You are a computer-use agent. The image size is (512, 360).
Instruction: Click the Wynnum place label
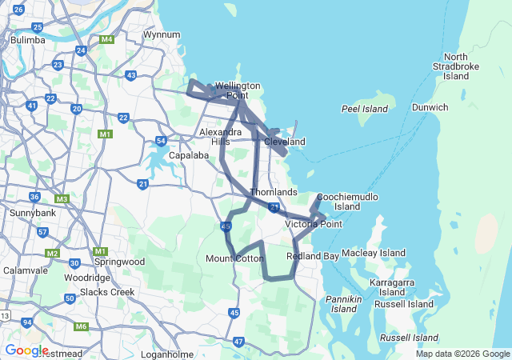click(x=162, y=35)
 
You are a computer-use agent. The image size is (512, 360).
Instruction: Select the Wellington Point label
click(x=237, y=90)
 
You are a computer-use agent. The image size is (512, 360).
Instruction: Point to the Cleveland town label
click(x=285, y=142)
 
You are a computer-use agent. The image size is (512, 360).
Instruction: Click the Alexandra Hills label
click(x=220, y=136)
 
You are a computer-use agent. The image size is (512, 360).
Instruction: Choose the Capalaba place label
click(x=188, y=155)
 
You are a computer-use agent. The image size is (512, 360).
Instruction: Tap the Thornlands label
click(x=274, y=192)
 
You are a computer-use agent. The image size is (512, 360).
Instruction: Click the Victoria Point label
click(x=314, y=224)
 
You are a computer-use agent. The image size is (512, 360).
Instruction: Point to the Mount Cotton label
click(x=234, y=258)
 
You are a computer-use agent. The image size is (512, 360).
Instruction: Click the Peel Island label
click(x=364, y=108)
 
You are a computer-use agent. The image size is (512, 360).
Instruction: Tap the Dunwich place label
click(x=430, y=107)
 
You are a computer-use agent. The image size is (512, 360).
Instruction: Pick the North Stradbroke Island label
click(x=456, y=66)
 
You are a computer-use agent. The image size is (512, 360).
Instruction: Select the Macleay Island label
click(x=374, y=253)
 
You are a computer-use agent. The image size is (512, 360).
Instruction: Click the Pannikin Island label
click(x=344, y=304)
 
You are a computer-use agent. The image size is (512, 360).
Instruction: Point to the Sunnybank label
click(x=30, y=214)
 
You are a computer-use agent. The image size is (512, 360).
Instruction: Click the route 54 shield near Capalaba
click(x=161, y=142)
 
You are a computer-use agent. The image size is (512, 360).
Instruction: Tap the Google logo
click(x=26, y=350)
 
